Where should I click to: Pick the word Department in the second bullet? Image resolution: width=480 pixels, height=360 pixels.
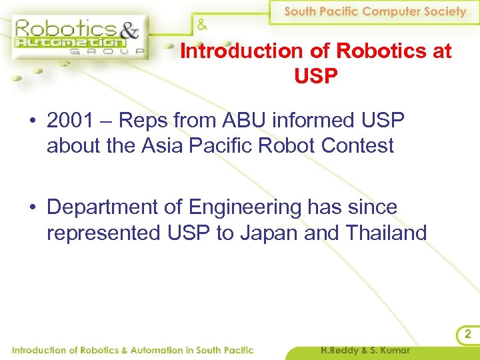103,208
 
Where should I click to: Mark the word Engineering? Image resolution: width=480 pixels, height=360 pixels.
245,208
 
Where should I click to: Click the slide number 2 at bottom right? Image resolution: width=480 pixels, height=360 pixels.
467,334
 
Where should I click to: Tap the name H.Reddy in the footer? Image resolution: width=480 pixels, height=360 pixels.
343,350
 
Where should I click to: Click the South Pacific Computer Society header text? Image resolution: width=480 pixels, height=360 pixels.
375,11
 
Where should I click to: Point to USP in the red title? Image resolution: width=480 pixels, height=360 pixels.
315,76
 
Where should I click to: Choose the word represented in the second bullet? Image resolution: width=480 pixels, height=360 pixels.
102,233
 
